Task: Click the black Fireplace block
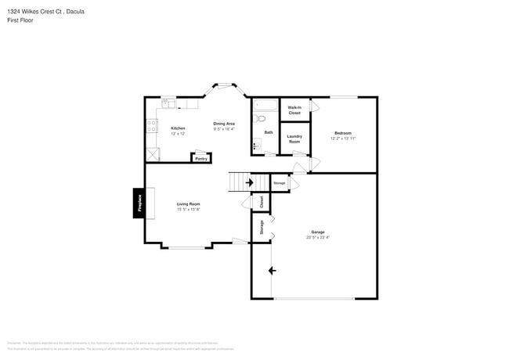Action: point(139,203)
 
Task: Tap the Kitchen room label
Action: point(178,128)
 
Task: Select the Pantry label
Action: point(201,158)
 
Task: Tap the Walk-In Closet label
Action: point(294,110)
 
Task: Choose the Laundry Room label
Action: point(294,139)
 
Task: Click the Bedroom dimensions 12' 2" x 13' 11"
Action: point(343,139)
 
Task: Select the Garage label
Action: point(318,232)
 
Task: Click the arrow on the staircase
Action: point(249,183)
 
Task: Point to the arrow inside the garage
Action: point(272,271)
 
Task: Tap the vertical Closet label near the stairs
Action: point(261,201)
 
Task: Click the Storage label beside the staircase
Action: point(279,183)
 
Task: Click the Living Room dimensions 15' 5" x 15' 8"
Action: point(188,209)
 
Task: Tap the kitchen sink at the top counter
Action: point(169,103)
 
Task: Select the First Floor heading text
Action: point(21,20)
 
